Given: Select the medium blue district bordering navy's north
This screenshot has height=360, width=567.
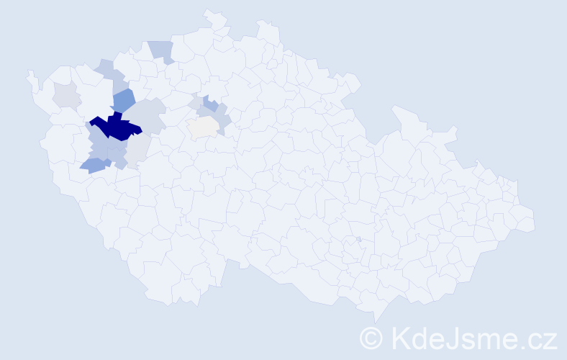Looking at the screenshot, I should click(123, 101).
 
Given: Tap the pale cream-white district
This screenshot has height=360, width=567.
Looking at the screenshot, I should click(203, 127).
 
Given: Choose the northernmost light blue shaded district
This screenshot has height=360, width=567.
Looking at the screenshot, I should click(162, 50).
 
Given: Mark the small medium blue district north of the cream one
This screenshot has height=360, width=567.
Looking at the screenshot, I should click(210, 103).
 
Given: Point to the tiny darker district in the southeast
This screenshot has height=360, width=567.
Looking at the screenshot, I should click(358, 240).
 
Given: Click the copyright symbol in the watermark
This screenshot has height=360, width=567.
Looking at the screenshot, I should click(371, 338).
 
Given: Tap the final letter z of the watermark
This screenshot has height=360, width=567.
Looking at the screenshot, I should click(549, 340).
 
